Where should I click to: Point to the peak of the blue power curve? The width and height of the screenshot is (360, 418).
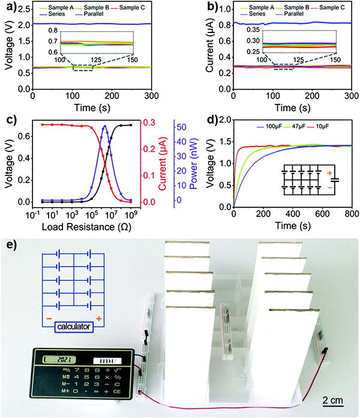105,126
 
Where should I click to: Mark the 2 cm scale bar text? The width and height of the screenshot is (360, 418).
328,399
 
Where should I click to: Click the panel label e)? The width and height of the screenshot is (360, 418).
11,245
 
